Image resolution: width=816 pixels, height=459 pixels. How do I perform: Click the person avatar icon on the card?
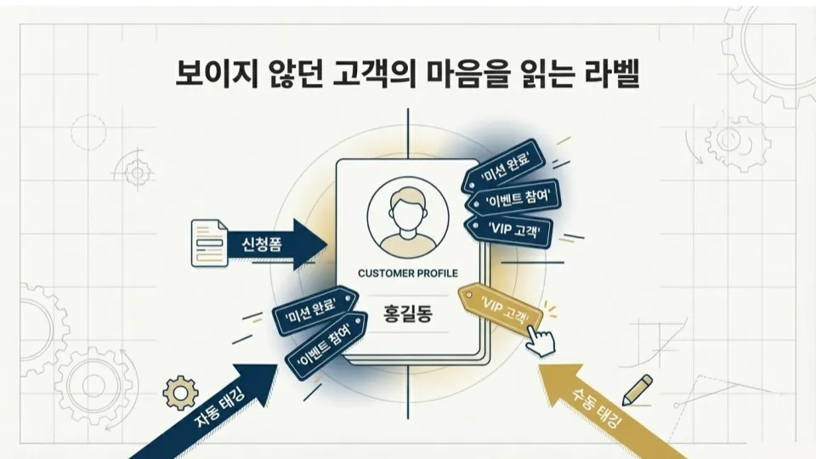click(x=407, y=216)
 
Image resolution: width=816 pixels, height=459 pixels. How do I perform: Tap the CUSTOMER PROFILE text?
click(x=408, y=273)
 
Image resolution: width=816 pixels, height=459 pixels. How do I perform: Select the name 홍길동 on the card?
click(x=408, y=314)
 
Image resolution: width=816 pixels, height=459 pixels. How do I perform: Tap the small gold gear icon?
click(x=179, y=392)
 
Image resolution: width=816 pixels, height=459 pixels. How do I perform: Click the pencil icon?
click(x=637, y=388)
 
